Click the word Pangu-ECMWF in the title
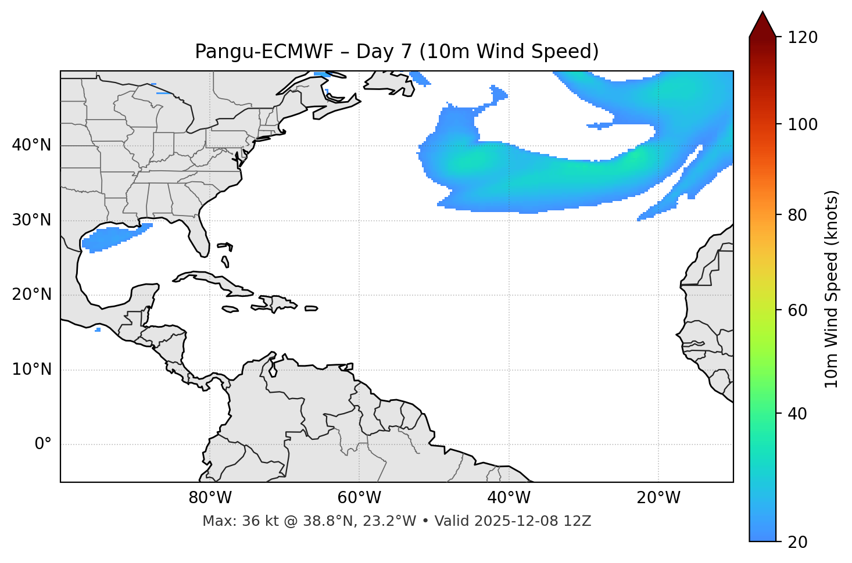pos(264,52)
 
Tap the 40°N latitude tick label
pos(31,145)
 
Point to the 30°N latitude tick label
pos(31,220)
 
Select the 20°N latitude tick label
pos(31,295)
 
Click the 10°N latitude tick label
pos(31,370)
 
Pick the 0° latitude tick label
pos(43,444)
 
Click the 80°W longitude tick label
pos(210,498)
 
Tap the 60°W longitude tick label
pos(359,498)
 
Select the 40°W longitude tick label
pos(509,498)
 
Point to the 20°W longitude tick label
pos(658,498)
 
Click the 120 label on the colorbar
pos(802,38)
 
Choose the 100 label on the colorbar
pos(802,124)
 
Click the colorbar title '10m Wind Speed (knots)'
pos(831,289)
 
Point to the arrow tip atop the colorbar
pos(762,13)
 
